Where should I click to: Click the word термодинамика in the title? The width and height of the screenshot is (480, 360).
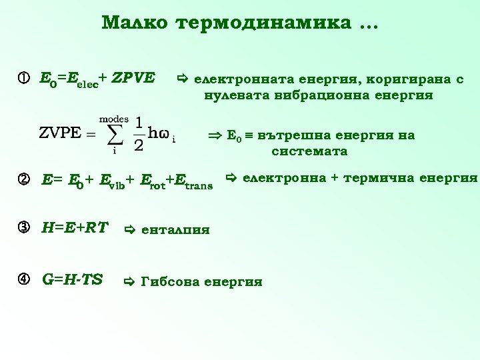coord(263,23)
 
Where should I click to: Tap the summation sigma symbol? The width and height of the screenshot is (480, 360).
coord(115,133)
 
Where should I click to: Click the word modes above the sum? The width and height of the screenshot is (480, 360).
coord(114,117)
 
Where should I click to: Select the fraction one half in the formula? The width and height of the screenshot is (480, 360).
coord(139,133)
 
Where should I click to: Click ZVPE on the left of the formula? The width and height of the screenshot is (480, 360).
coord(60,133)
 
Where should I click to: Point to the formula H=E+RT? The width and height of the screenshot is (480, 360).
coord(75,228)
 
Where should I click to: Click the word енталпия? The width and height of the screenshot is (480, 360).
coord(176,230)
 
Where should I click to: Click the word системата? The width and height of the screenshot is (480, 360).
coord(309,151)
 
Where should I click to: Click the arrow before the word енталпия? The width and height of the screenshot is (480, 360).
coord(130,230)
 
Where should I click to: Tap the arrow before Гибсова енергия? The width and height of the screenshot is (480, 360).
coord(130,281)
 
